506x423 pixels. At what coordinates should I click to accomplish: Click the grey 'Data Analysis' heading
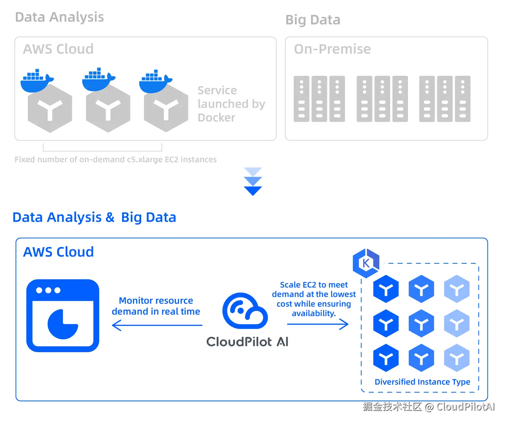pyautogui.click(x=59, y=17)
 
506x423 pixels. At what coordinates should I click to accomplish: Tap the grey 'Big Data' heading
pyautogui.click(x=313, y=20)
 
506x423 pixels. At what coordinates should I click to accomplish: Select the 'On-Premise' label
pyautogui.click(x=332, y=49)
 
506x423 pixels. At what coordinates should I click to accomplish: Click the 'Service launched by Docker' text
pyautogui.click(x=231, y=104)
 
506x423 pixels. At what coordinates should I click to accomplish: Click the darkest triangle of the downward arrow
pyautogui.click(x=253, y=191)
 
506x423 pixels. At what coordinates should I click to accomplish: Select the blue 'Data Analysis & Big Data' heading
pyautogui.click(x=94, y=217)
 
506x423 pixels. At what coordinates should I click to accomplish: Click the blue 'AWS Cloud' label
pyautogui.click(x=59, y=252)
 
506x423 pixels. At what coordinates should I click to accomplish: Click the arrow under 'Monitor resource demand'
pyautogui.click(x=157, y=325)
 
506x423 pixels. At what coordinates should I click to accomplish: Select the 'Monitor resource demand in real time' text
pyautogui.click(x=156, y=306)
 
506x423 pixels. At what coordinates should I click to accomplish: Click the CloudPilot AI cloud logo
pyautogui.click(x=245, y=311)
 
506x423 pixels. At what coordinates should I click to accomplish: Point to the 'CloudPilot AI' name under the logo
pyautogui.click(x=247, y=342)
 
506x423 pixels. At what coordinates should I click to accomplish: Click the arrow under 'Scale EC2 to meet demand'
pyautogui.click(x=318, y=324)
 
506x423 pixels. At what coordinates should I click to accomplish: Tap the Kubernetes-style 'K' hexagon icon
pyautogui.click(x=366, y=263)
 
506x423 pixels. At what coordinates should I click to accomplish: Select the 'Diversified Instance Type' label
pyautogui.click(x=422, y=382)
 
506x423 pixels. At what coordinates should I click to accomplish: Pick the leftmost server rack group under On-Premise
pyautogui.click(x=319, y=99)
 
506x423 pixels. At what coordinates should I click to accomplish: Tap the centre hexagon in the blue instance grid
pyautogui.click(x=421, y=324)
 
